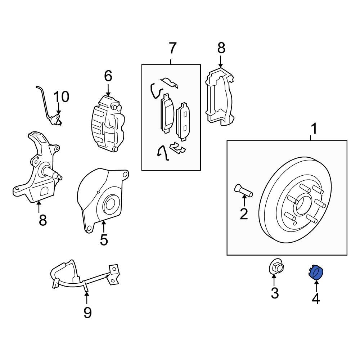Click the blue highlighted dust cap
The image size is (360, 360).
(x=316, y=273)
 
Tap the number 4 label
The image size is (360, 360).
(x=315, y=298)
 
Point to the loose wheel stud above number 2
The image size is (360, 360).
(x=243, y=190)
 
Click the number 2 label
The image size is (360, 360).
(x=244, y=214)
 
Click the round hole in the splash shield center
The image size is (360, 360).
(x=110, y=205)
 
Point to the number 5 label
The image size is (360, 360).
(x=104, y=239)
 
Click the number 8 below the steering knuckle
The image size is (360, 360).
(x=43, y=220)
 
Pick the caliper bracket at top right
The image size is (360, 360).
(x=219, y=95)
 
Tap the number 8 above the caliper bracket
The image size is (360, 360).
(x=221, y=48)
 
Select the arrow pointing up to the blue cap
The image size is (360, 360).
(x=316, y=286)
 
